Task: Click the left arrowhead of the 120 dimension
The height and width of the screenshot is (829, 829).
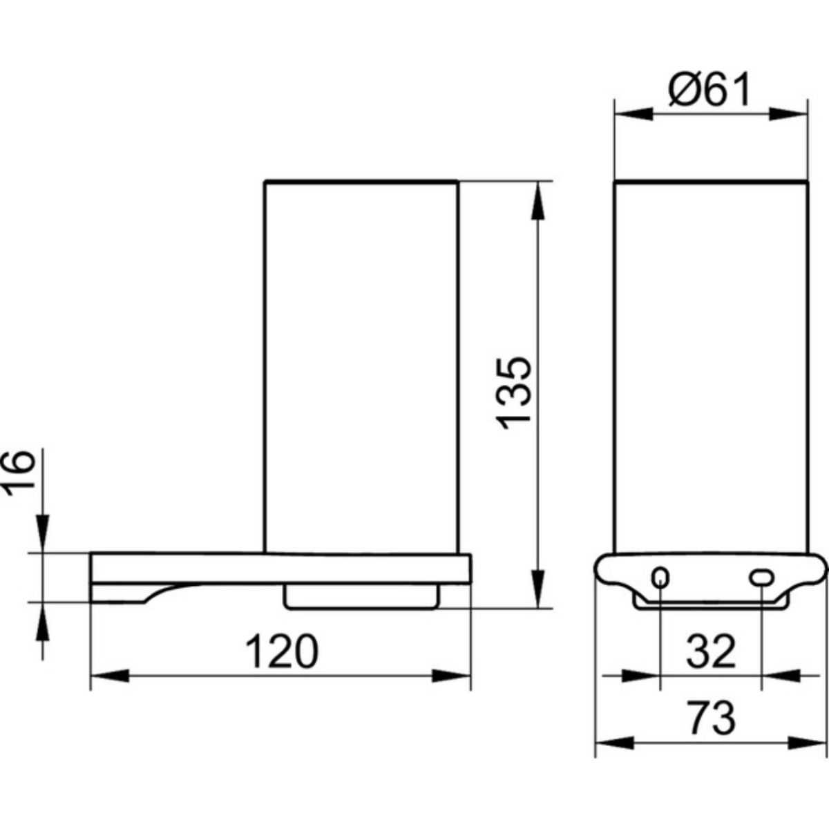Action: pos(110,687)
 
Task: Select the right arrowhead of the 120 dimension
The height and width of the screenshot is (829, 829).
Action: pos(451,687)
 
